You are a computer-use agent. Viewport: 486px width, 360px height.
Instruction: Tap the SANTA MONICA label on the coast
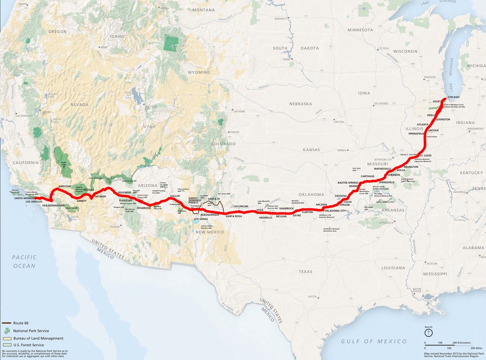pos(24,198)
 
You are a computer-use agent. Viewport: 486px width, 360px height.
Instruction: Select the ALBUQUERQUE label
pos(210,215)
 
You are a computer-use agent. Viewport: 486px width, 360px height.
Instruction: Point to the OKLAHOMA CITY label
pos(335,211)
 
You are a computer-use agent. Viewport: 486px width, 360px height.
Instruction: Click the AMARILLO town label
pos(265,217)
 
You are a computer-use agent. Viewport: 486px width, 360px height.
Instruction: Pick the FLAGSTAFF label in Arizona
pos(126,201)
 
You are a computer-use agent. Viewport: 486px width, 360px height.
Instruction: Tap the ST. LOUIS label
pos(425,155)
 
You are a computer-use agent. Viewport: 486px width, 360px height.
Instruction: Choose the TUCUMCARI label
pos(241,206)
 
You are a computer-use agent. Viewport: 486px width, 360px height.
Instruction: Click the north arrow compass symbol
pos(428,332)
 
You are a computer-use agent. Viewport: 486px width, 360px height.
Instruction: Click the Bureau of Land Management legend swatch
pos(7,338)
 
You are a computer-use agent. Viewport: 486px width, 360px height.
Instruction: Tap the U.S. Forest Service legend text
pos(28,345)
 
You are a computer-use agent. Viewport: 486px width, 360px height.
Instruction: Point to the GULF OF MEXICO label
pos(373,341)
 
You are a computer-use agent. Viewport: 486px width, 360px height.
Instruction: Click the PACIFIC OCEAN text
pos(24,262)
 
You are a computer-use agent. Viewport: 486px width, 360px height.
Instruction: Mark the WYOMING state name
pos(199,72)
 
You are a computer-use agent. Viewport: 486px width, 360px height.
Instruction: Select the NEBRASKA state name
pos(300,104)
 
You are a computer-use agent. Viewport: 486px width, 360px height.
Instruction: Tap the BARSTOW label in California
pos(65,186)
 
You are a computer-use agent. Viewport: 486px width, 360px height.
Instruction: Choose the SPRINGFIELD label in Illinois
pos(416,134)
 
